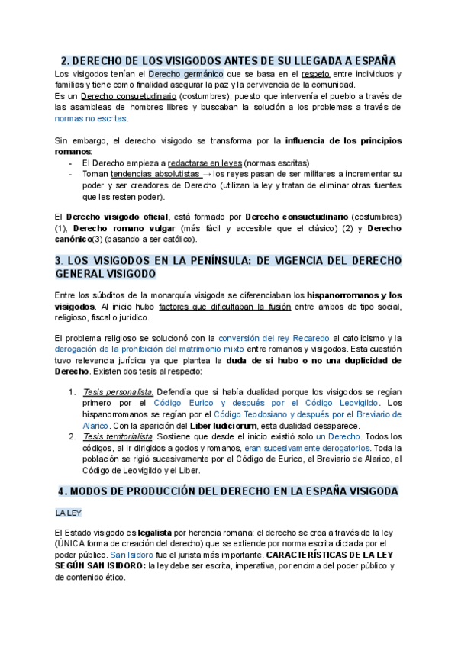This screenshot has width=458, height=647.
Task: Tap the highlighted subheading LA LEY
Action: point(68,513)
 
